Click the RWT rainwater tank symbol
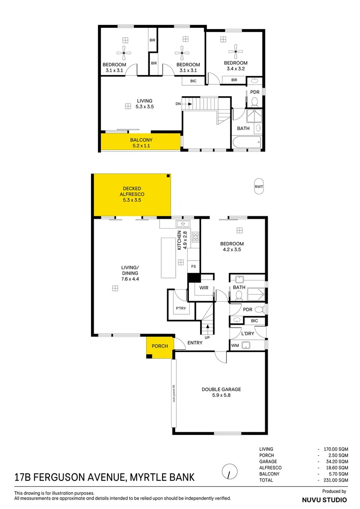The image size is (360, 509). (x=259, y=186)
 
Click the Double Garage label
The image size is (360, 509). (x=221, y=389)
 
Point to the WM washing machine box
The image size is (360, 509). (x=235, y=346)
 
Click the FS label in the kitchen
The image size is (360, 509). (x=193, y=267)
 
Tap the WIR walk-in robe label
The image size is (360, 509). (x=204, y=287)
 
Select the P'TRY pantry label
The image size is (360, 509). (x=180, y=309)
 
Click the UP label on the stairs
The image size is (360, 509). (x=207, y=337)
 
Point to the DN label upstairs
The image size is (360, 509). (x=178, y=104)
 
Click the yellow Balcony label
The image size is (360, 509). (x=141, y=140)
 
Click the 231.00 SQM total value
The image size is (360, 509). (x=338, y=480)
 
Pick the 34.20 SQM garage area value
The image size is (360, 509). (x=339, y=461)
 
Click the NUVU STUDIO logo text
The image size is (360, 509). (x=324, y=499)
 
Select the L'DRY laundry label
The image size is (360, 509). (x=247, y=334)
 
